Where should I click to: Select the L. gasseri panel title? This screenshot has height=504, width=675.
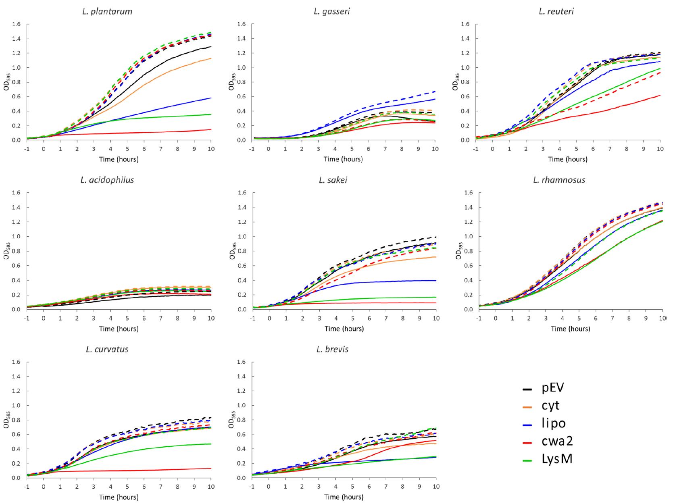coord(331,12)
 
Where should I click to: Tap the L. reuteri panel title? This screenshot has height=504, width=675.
coord(556,12)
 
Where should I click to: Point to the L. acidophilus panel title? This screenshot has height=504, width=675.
coord(107,180)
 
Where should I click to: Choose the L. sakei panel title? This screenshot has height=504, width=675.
coord(333,180)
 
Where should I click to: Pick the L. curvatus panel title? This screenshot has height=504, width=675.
coord(107,349)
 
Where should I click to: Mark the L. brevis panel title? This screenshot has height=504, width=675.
coord(332,349)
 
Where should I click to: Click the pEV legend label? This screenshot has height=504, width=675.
coord(553,388)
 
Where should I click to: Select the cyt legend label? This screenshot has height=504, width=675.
coord(551,406)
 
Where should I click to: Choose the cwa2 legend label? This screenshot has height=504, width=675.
coord(557,441)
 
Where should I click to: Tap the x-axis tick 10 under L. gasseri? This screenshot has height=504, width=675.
coord(435,149)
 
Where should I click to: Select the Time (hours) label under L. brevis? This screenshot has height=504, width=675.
coord(343,497)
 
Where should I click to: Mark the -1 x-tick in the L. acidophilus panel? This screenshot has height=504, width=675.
coord(27,319)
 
